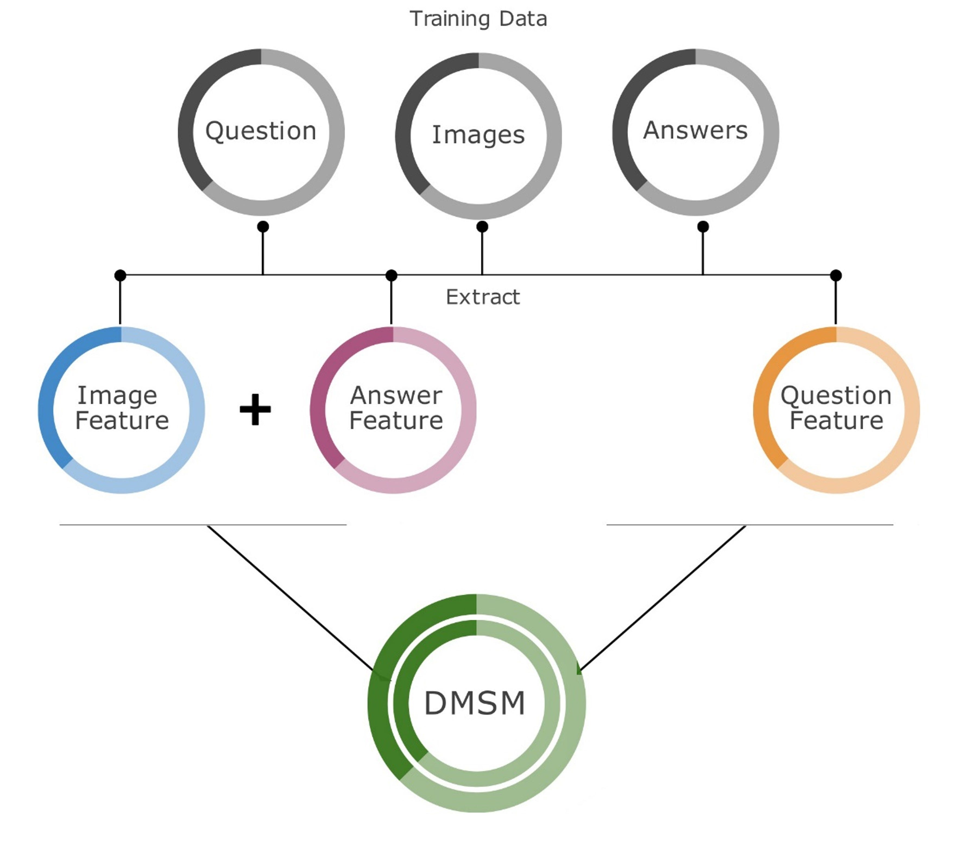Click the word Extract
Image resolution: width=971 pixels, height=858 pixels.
coord(483,297)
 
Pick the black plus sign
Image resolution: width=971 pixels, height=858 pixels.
coord(255,409)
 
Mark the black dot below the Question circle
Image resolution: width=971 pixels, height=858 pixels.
coord(263,227)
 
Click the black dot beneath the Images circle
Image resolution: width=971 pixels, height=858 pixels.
coord(482,227)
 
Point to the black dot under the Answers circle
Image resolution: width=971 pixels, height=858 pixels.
coord(703,227)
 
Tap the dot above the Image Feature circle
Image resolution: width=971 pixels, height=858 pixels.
coord(120,275)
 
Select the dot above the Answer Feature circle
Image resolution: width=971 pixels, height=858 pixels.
coord(392,275)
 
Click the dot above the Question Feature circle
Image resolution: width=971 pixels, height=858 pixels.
coord(836,275)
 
